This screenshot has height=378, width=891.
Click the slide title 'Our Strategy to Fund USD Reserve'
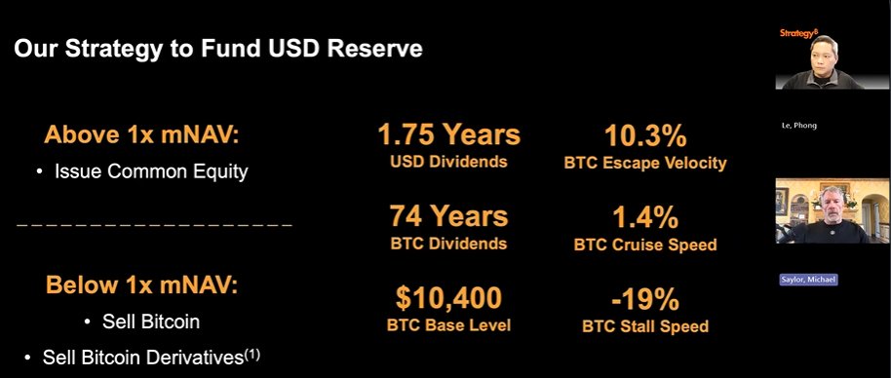[217, 49]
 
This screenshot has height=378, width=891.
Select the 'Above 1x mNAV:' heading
[142, 135]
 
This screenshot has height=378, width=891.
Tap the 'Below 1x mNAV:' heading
[142, 286]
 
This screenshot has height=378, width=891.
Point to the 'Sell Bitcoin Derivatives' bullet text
[141, 358]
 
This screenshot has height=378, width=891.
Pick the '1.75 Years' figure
[448, 135]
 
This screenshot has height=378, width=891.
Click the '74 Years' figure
[448, 215]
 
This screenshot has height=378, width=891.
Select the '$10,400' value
[448, 297]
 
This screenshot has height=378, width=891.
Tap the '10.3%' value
[644, 135]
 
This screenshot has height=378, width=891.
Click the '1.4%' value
[644, 216]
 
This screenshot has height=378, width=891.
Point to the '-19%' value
[644, 297]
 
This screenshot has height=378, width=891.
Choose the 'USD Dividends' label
[448, 162]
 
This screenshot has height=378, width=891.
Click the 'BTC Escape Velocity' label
[644, 163]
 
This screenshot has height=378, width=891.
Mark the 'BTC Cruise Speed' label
[644, 244]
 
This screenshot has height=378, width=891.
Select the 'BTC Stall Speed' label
[644, 325]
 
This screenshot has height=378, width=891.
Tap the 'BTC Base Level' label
[448, 325]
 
